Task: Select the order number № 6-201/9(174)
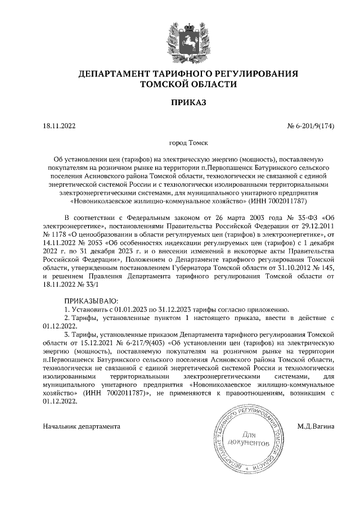click(311, 126)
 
